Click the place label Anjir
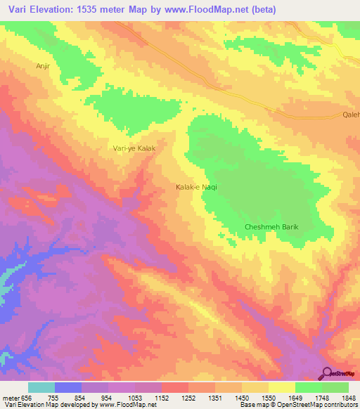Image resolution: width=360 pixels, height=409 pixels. (x=44, y=65)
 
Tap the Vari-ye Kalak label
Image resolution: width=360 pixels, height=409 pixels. (x=134, y=148)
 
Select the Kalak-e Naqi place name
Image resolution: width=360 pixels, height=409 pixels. (x=196, y=187)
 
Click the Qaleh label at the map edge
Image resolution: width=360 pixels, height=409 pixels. (x=350, y=115)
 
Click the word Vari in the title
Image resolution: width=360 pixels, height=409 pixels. (x=18, y=10)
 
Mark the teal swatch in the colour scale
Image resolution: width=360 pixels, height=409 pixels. (x=41, y=387)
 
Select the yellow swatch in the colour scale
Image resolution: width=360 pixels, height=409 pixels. (x=281, y=387)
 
